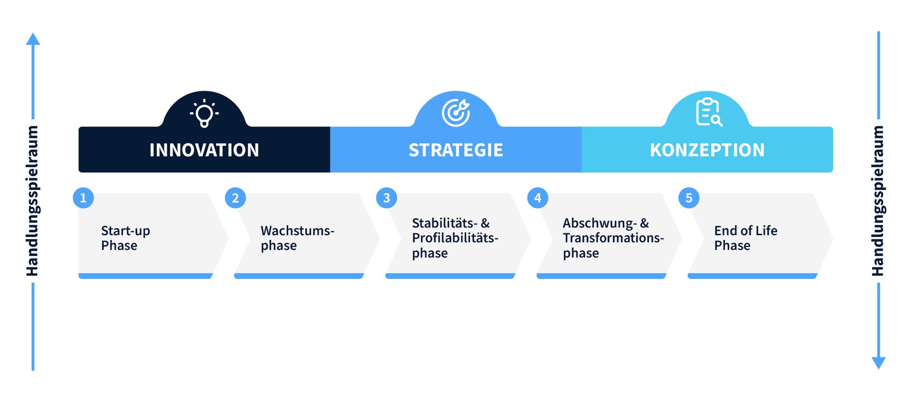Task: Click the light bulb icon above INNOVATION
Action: [204, 113]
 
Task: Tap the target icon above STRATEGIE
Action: [456, 113]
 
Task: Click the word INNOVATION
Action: [204, 150]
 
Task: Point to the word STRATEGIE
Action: [456, 150]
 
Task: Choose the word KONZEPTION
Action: [707, 150]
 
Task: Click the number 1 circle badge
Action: [83, 198]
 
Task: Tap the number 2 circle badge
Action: [235, 198]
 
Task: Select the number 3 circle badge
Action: [387, 198]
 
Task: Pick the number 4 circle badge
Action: [538, 198]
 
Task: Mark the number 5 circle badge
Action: [689, 198]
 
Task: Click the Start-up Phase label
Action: [125, 238]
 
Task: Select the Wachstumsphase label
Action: [297, 238]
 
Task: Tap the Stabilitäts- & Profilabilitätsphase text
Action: [455, 238]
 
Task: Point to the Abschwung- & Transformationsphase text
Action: [613, 238]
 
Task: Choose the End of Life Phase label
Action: [746, 238]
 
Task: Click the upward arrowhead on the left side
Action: [33, 38]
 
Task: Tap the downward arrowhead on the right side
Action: [879, 363]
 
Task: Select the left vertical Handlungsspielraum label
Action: [32, 201]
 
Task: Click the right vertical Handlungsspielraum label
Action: [878, 201]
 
